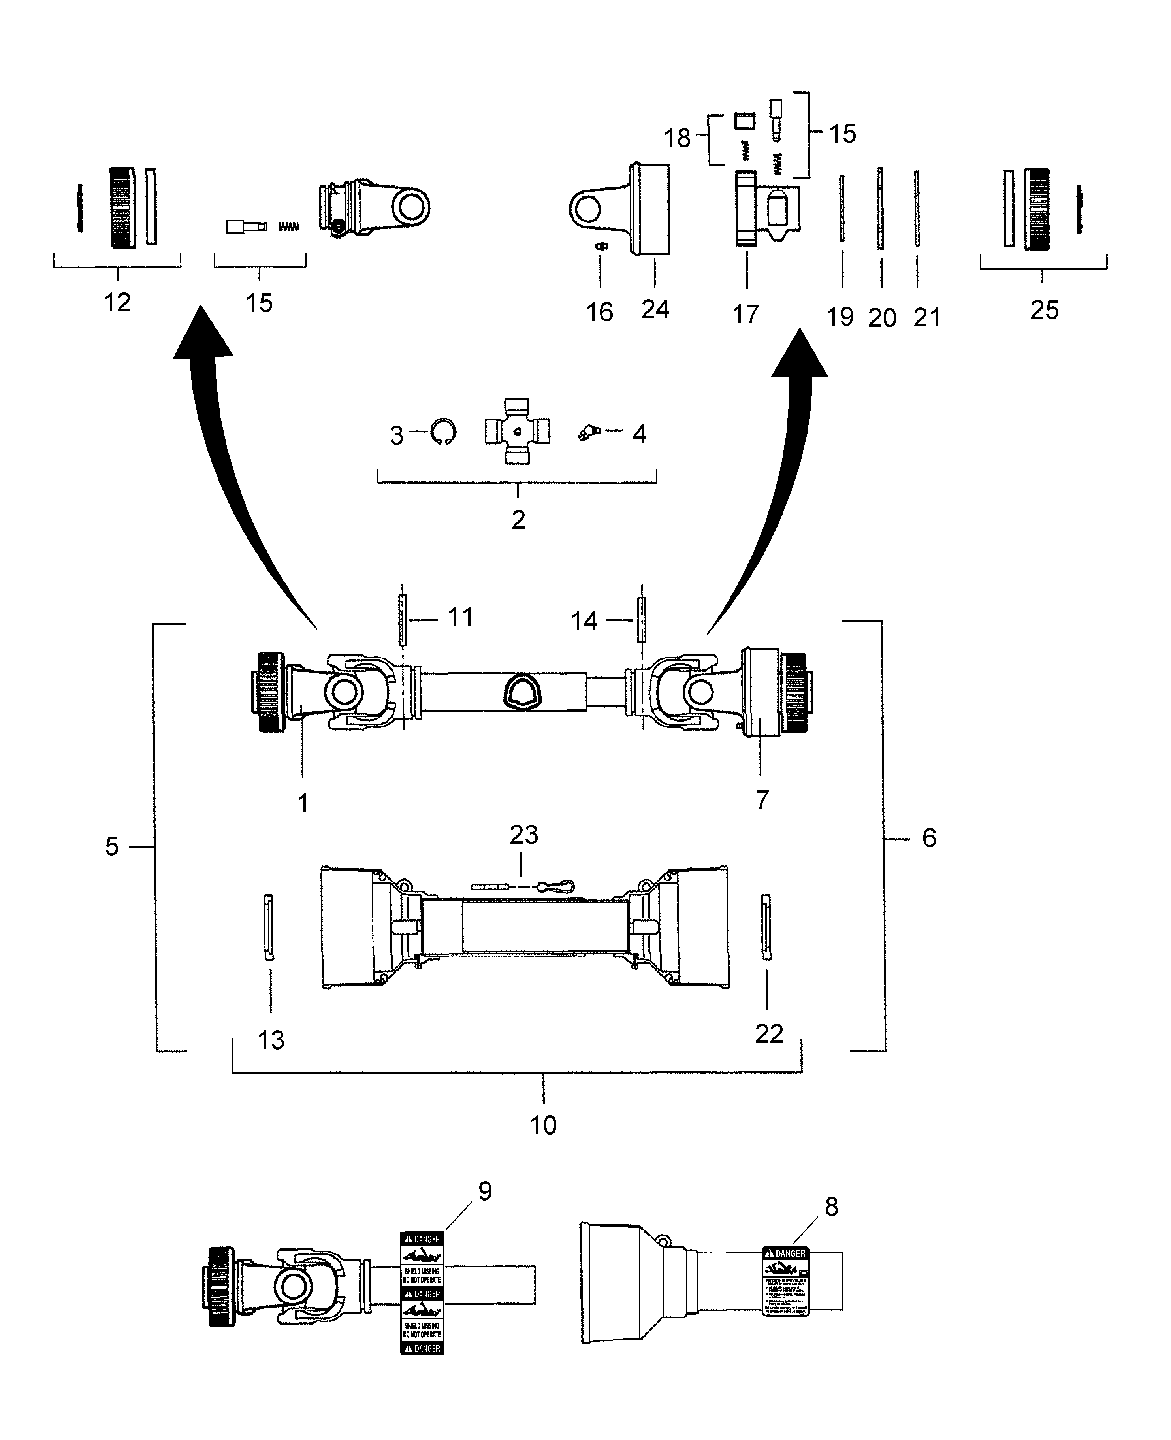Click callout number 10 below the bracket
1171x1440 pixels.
pyautogui.click(x=543, y=1125)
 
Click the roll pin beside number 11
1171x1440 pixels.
pyautogui.click(x=402, y=619)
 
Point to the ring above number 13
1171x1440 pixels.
pyautogui.click(x=269, y=927)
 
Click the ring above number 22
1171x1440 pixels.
pyautogui.click(x=766, y=927)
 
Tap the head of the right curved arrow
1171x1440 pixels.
pyautogui.click(x=799, y=354)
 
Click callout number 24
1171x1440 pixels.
pyautogui.click(x=655, y=309)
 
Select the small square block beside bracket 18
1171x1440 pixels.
pyautogui.click(x=744, y=121)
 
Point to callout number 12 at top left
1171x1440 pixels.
pyautogui.click(x=117, y=302)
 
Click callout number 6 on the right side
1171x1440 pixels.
pyautogui.click(x=929, y=838)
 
